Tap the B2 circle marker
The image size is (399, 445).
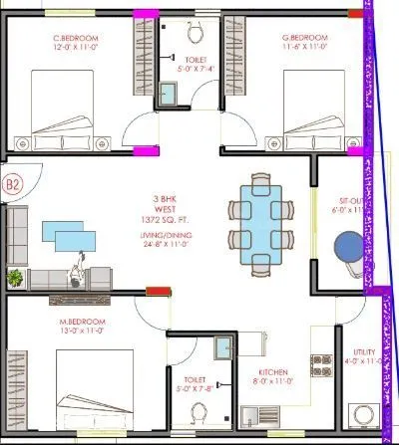(13, 184)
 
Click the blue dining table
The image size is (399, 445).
(259, 224)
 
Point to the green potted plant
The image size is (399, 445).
(15, 277)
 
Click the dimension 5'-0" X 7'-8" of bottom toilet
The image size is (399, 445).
(196, 389)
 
